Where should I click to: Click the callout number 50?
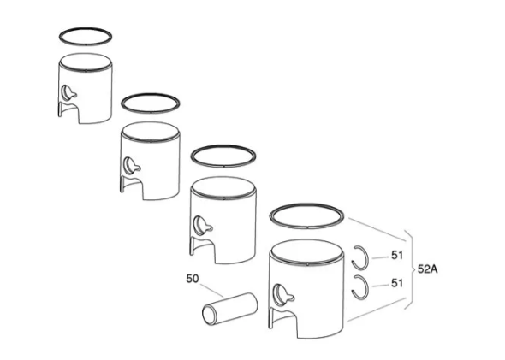point(193,279)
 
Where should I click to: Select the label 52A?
point(427,269)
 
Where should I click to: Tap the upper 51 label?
point(397,255)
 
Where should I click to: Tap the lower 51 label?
point(397,283)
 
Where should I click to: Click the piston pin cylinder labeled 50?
point(230,309)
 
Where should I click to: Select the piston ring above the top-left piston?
point(86,28)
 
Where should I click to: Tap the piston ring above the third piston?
point(223,145)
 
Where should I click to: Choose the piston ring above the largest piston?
point(306,204)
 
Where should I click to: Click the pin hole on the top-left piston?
point(68,92)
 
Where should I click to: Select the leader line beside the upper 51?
point(380,257)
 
